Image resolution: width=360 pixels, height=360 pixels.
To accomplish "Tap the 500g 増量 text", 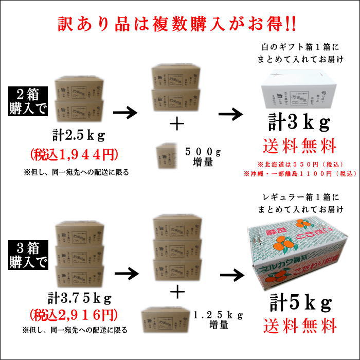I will tap(203, 156).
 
